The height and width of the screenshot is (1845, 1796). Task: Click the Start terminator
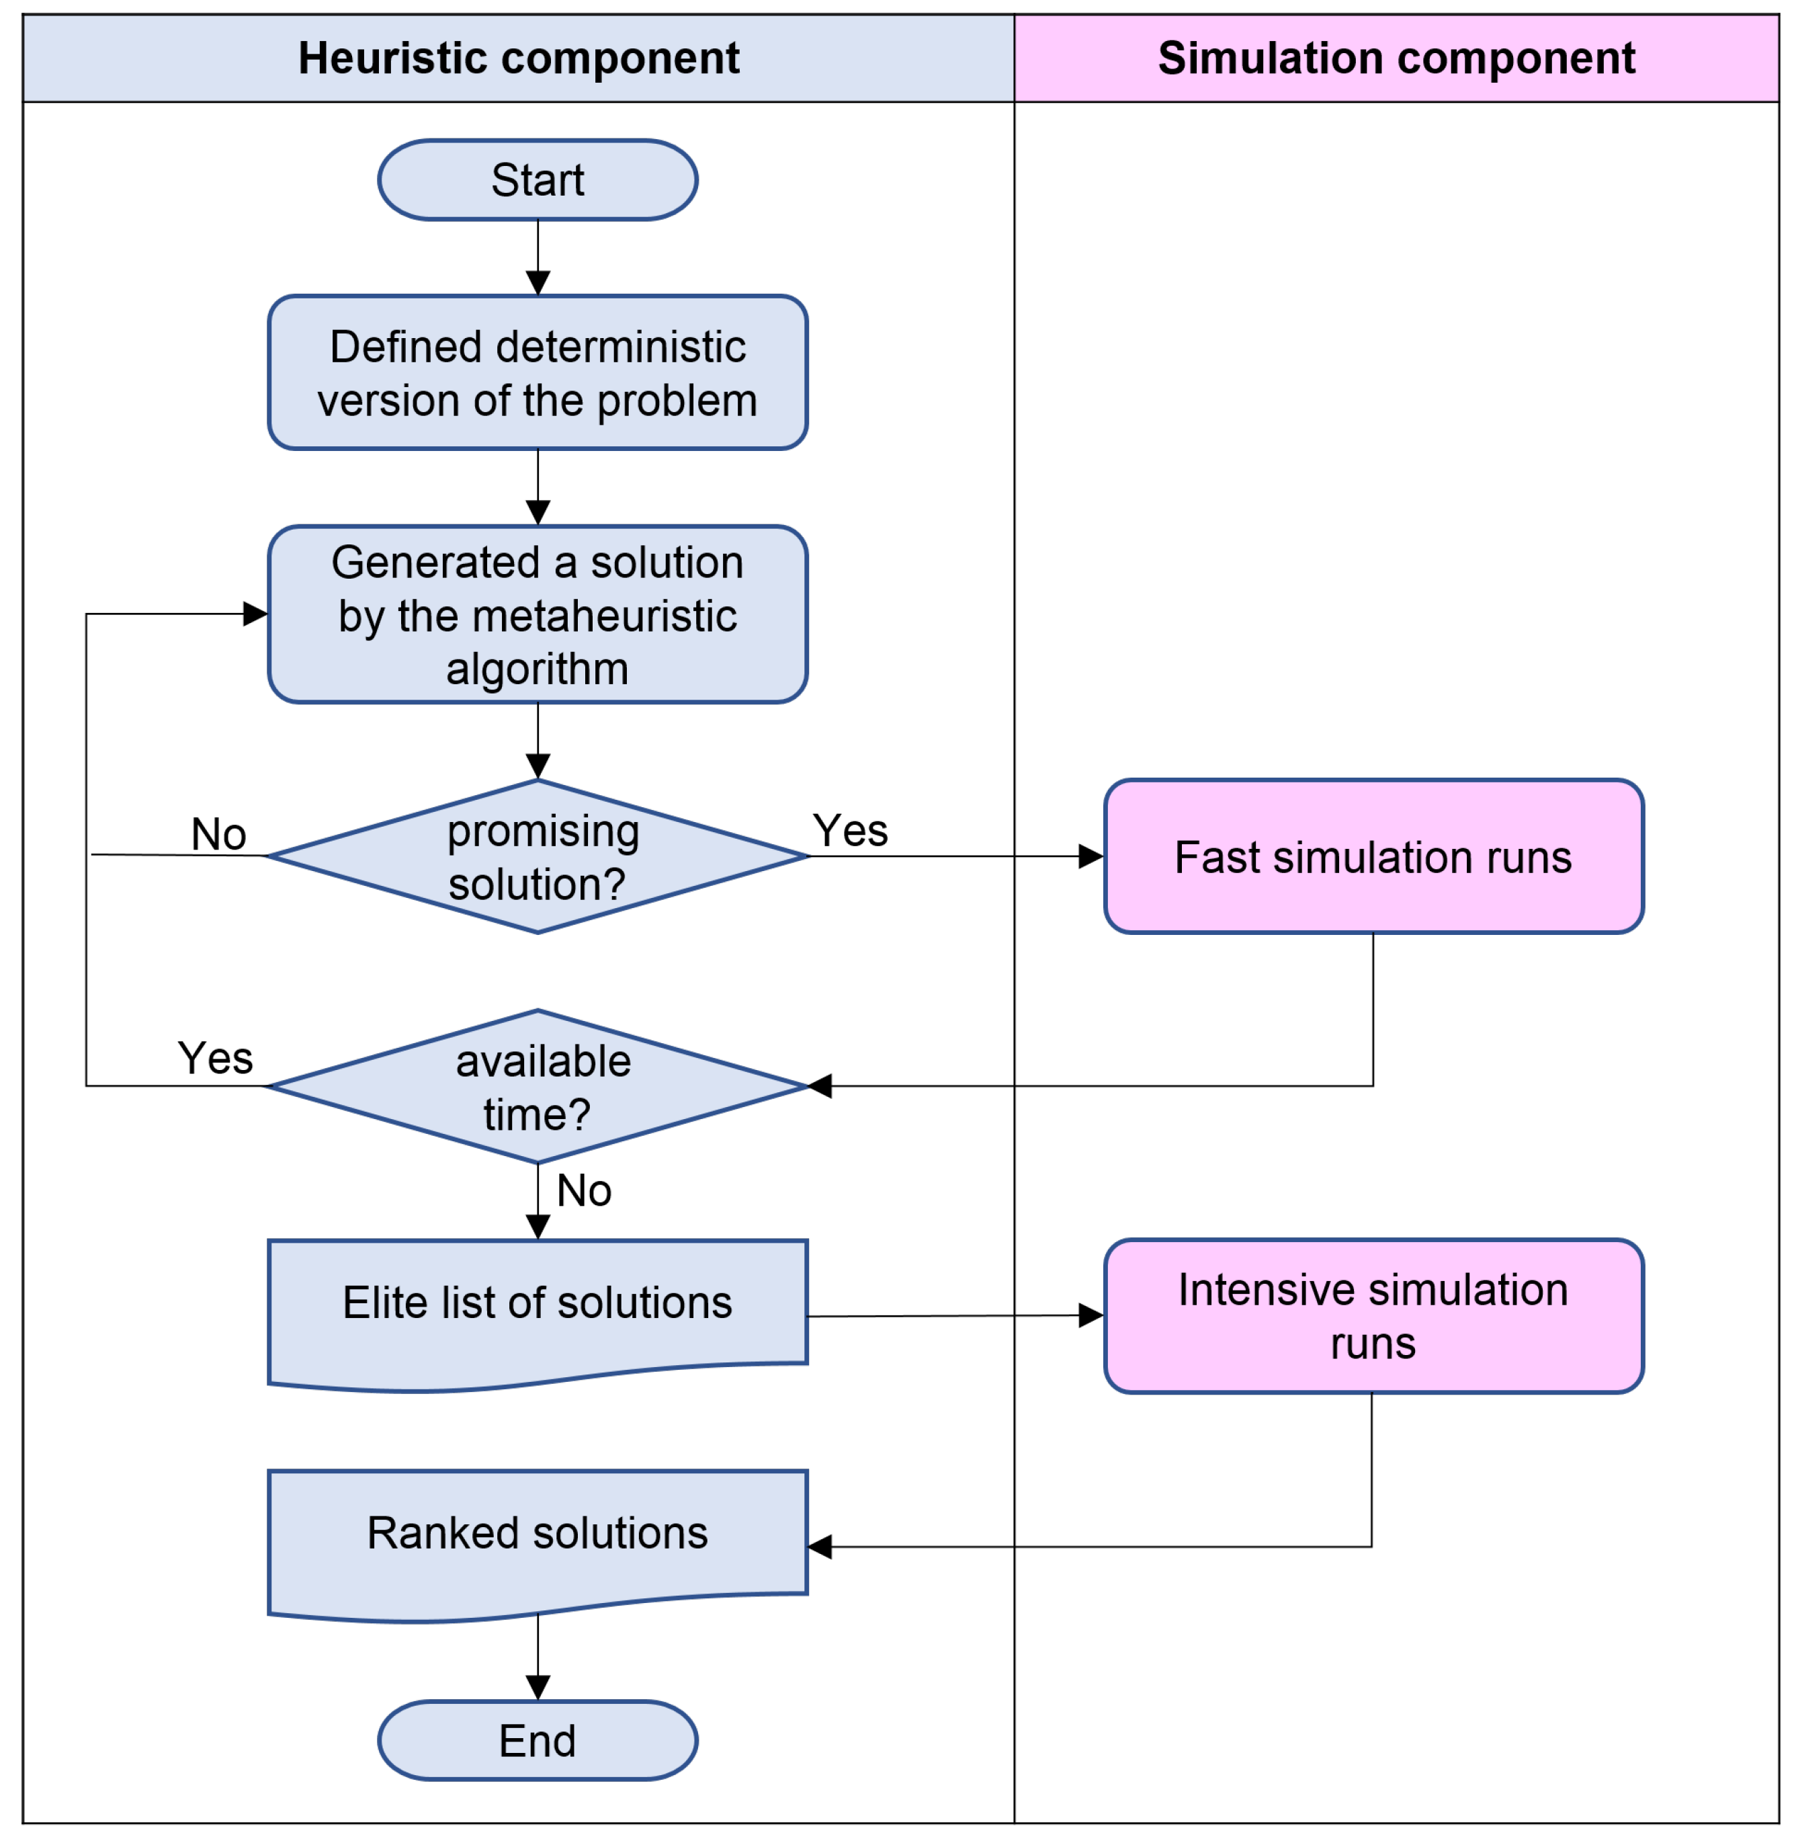click(538, 180)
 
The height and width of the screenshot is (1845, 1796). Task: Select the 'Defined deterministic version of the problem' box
click(538, 373)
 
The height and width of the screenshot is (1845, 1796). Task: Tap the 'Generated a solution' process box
click(538, 615)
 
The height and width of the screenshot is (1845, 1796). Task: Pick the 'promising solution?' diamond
click(538, 857)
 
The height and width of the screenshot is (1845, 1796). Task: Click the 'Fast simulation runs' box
click(1373, 857)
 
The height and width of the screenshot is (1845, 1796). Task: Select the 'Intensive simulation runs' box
click(1373, 1317)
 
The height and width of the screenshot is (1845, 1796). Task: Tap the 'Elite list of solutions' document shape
click(538, 1307)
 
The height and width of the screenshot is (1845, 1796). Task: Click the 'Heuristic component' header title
click(519, 58)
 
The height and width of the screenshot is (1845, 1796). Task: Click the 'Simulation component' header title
click(1397, 58)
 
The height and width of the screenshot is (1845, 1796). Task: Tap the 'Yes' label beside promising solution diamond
click(851, 831)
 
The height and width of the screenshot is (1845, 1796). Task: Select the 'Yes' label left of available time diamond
click(216, 1059)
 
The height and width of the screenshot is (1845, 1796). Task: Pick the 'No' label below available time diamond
click(584, 1192)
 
